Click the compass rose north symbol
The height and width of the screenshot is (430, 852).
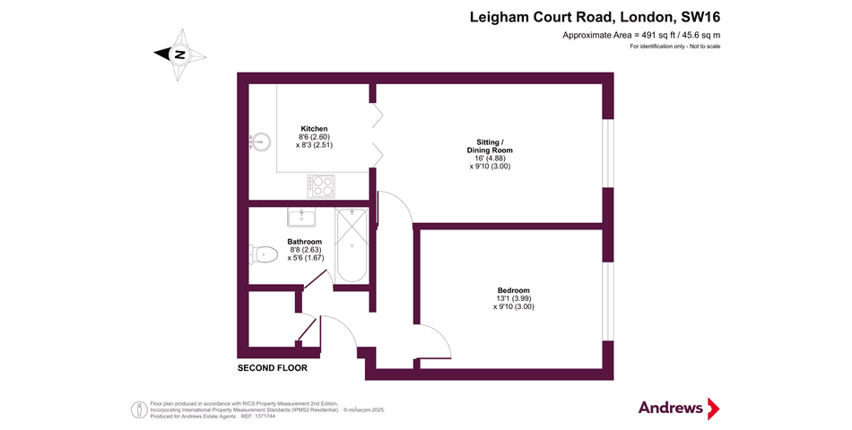click(x=179, y=54)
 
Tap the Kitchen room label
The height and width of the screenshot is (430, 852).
click(x=314, y=128)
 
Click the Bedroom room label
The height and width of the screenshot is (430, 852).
click(x=513, y=290)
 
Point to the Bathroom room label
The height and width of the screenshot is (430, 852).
click(x=304, y=242)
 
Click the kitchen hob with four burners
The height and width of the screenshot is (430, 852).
click(x=322, y=185)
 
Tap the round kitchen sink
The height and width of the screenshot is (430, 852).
click(x=260, y=141)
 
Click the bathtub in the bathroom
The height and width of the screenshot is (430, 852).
click(x=352, y=245)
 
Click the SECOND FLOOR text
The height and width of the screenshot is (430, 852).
click(x=272, y=368)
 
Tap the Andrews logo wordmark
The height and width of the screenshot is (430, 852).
click(x=671, y=408)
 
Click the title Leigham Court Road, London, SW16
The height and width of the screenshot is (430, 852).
click(x=596, y=17)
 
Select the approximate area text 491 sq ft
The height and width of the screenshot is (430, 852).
click(x=641, y=35)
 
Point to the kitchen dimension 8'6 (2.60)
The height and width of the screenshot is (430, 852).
click(x=314, y=136)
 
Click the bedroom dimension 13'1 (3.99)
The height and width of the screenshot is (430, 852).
click(x=513, y=298)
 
